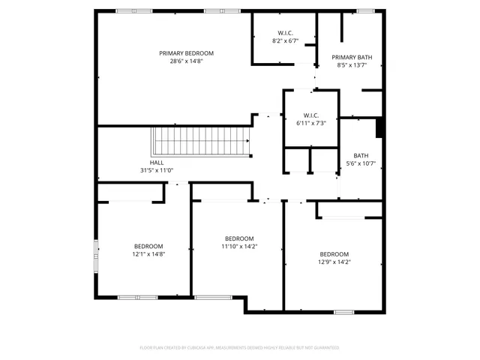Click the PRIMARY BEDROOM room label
tap(186, 53)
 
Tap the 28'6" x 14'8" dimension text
tap(186, 61)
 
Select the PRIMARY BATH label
tap(352, 57)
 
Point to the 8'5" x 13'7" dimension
tap(352, 64)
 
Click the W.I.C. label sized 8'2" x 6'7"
tap(285, 33)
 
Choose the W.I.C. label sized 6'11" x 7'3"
tap(310, 115)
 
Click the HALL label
tap(157, 163)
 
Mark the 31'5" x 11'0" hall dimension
tap(157, 170)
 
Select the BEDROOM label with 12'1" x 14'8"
tap(148, 247)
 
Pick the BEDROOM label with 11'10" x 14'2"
tap(239, 238)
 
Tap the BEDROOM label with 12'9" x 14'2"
tap(334, 254)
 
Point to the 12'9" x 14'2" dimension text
tap(334, 262)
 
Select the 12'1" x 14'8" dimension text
tap(148, 254)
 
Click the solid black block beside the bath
tap(379, 127)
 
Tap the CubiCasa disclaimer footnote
tap(239, 347)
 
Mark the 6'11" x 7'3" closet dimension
tap(310, 122)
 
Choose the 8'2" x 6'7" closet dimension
tap(285, 40)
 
